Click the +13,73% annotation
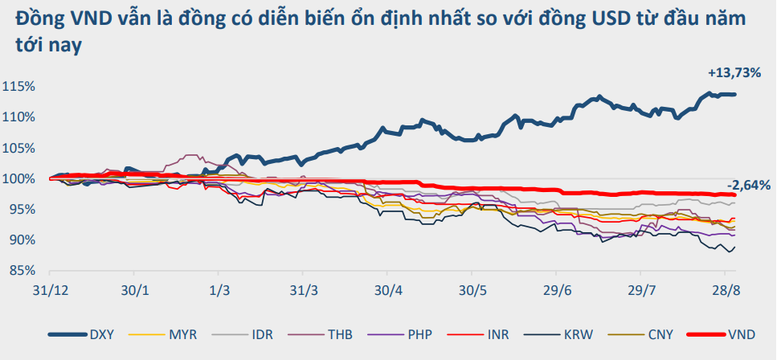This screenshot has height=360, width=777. click(x=734, y=73)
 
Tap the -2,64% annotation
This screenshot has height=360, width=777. click(x=749, y=185)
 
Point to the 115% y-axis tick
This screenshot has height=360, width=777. click(x=18, y=86)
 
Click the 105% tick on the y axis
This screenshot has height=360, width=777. click(x=18, y=148)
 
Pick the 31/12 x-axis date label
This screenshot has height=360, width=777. click(x=51, y=288)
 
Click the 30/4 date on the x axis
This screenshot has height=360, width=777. click(x=388, y=288)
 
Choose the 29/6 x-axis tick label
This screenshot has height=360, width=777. click(x=556, y=288)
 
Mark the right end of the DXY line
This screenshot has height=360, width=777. click(x=735, y=94)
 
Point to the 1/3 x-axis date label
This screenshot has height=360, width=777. click(x=219, y=288)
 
